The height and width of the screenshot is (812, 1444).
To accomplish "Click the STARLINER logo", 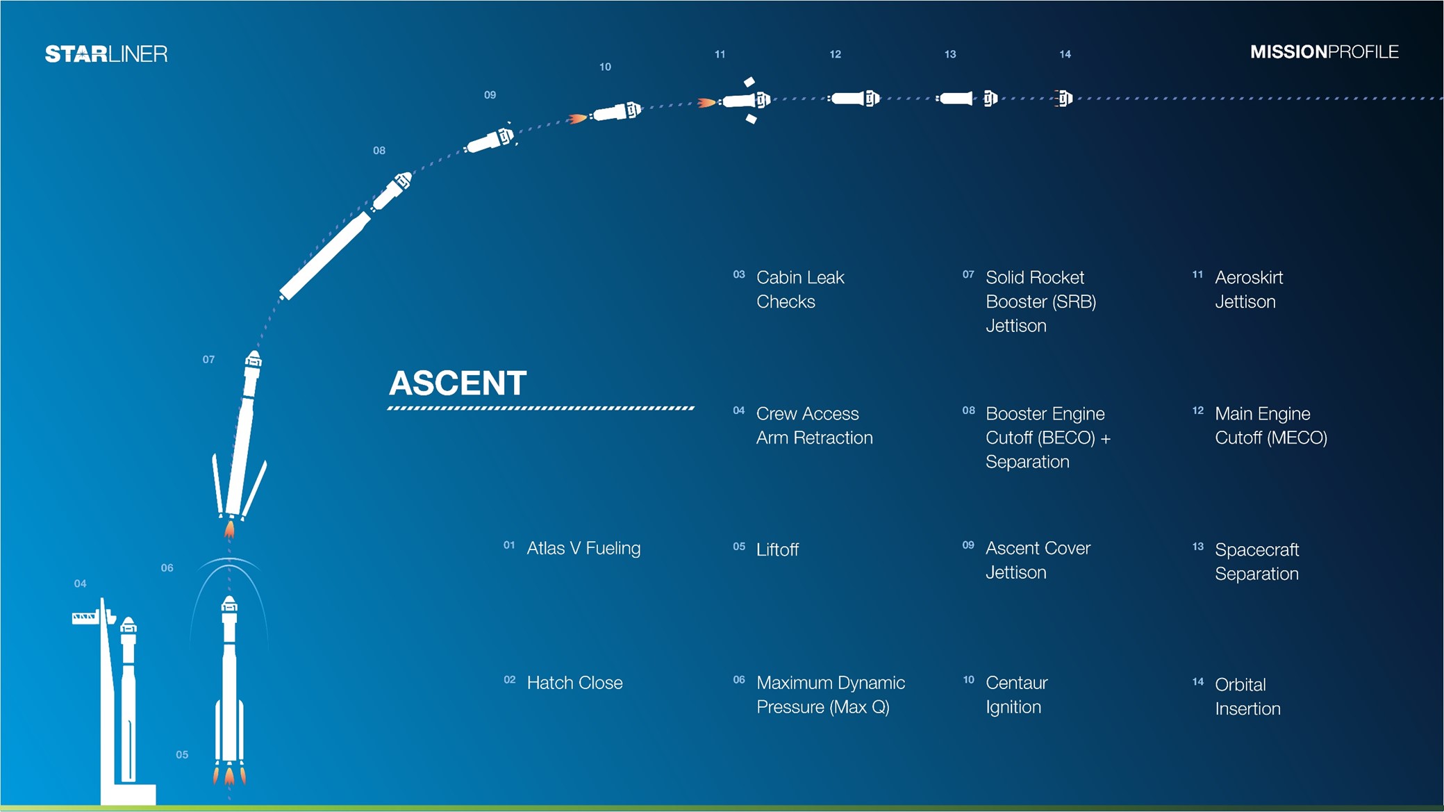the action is pos(106,54).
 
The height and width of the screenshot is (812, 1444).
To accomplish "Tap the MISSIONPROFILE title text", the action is pos(1324,52).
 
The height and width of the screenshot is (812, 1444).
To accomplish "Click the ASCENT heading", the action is pos(458,383).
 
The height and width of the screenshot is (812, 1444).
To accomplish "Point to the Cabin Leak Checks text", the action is pos(800,290).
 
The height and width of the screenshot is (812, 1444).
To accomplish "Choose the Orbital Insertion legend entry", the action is pos(1247,697).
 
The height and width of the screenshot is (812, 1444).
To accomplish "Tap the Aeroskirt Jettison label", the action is pos(1249,290).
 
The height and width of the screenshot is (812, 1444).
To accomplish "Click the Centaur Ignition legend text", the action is pos(1017,695).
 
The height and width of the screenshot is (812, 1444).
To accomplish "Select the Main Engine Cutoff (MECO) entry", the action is pos(1271,426).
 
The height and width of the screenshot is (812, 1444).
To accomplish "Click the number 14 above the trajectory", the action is pos(1065,54).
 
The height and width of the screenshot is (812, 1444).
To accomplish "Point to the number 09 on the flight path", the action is pos(490,95).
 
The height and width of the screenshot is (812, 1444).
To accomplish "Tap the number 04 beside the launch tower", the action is pos(80,583).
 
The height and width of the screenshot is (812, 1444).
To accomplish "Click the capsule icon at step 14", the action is pos(1063,99).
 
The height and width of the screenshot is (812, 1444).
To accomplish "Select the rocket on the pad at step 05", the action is pos(229,688).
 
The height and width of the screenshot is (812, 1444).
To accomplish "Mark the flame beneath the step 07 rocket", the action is pos(229,531).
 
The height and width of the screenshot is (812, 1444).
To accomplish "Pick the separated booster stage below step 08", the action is pos(324,256).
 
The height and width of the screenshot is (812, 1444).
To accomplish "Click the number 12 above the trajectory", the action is pos(835,54).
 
